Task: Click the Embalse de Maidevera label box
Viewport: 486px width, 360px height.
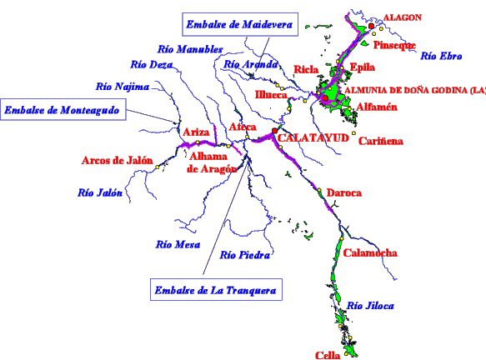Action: click(240, 24)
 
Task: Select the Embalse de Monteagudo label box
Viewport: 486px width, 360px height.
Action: click(63, 109)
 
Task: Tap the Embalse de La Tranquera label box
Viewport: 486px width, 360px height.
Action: click(216, 290)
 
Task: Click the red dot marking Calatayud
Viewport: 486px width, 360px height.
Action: click(274, 131)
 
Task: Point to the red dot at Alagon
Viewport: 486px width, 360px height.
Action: click(371, 26)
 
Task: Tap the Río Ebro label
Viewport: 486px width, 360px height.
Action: click(441, 56)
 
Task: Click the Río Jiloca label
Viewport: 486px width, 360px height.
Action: click(370, 306)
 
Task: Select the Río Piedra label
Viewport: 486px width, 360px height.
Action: click(245, 255)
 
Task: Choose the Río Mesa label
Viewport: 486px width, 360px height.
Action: click(178, 244)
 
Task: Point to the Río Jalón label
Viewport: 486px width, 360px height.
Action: click(100, 192)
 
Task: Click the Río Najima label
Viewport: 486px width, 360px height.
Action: click(123, 87)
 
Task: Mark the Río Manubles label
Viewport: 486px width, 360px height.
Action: click(190, 49)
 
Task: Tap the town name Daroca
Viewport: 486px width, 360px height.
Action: click(344, 192)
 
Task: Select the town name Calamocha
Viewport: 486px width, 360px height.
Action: click(370, 252)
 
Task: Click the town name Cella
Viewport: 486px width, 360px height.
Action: click(328, 355)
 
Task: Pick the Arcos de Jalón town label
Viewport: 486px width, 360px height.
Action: click(118, 160)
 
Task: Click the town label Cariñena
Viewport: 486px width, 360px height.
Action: click(381, 141)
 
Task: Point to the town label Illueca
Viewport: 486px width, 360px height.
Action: click(271, 94)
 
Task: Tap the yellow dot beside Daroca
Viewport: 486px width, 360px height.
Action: click(319, 190)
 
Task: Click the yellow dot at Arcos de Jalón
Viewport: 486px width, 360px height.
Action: click(158, 167)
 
